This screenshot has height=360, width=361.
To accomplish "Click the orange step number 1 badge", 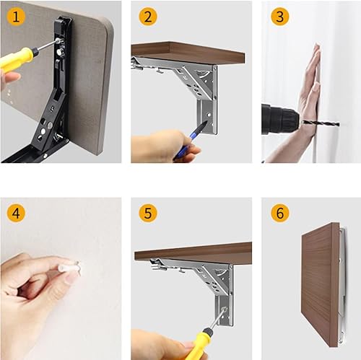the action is pos(16,17).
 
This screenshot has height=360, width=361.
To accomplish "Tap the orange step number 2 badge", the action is pos(148,17).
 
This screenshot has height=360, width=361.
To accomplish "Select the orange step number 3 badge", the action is pos(280,17).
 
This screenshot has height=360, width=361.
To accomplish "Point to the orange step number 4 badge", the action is pos(16,213).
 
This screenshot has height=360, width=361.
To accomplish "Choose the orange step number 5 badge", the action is pos(148,213).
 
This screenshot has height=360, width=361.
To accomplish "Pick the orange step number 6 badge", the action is pos(280,213).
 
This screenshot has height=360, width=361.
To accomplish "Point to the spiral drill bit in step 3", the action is pos(320,123).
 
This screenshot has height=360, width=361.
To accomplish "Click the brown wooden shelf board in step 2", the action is pos(188,52).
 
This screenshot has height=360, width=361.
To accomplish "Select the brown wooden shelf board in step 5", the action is pos(193,252).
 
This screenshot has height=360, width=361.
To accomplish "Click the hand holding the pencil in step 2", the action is pos(164,144).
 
